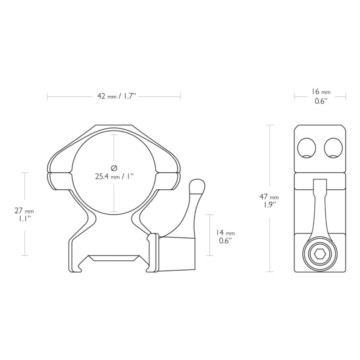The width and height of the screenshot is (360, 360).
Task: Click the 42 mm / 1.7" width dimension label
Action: click(x=116, y=96)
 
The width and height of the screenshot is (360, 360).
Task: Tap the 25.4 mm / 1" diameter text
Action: click(x=114, y=176)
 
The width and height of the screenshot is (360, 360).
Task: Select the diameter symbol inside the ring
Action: click(x=114, y=168)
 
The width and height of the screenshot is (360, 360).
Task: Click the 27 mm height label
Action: click(x=24, y=210)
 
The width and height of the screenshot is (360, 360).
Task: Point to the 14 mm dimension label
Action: click(x=225, y=232)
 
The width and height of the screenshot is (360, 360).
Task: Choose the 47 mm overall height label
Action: click(x=269, y=197)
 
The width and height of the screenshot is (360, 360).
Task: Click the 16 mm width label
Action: click(x=321, y=91)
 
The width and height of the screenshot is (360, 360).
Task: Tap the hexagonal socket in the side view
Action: click(x=319, y=254)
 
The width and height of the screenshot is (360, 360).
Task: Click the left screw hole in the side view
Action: click(x=306, y=148)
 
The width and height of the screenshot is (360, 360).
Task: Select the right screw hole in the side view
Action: click(x=333, y=148)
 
